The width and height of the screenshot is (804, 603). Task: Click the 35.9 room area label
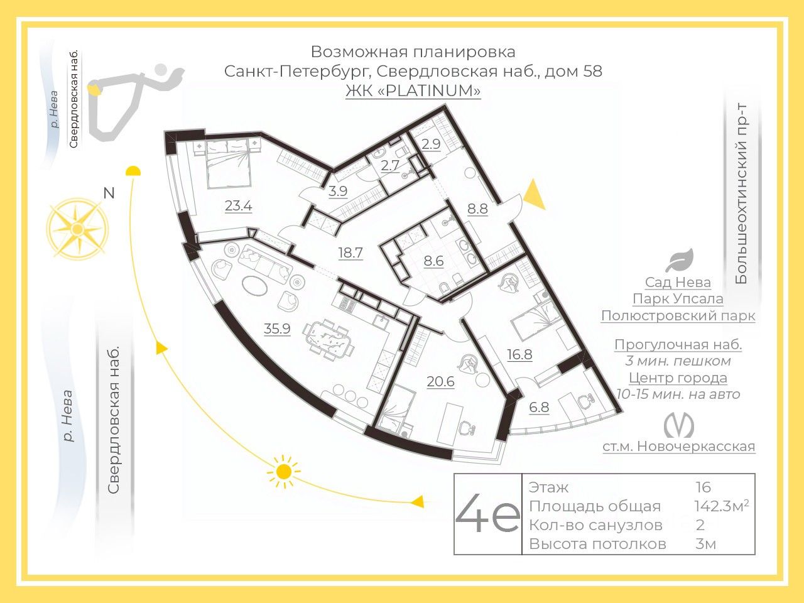click(x=277, y=328)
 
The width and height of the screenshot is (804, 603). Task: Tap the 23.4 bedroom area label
click(x=238, y=205)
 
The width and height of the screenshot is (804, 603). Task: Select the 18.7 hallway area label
click(x=350, y=253)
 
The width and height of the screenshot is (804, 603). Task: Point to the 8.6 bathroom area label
click(x=433, y=261)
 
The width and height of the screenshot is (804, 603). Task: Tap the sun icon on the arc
click(x=284, y=470)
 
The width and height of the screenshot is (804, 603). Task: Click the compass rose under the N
click(x=76, y=228)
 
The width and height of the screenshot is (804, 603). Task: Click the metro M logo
click(x=679, y=426)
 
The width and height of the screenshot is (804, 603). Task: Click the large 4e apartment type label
click(x=487, y=514)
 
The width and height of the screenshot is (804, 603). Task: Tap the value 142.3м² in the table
click(x=721, y=506)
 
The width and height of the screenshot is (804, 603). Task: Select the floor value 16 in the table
click(x=703, y=487)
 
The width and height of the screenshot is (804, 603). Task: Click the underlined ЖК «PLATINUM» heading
click(x=413, y=90)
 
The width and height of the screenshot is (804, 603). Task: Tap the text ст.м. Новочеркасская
click(x=678, y=446)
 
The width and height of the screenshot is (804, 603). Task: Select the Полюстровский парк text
click(x=678, y=315)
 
